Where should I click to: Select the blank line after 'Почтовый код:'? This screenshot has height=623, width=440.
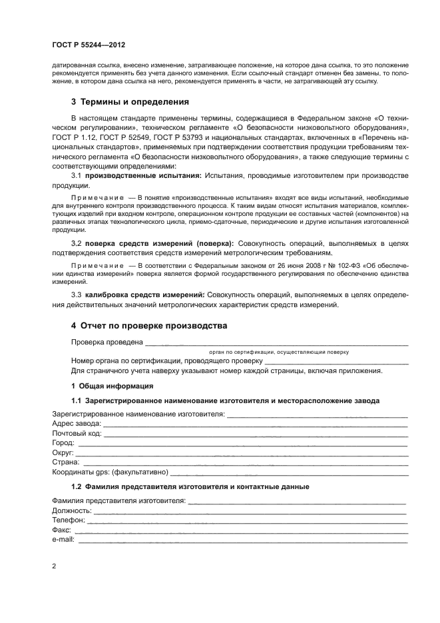click(256, 434)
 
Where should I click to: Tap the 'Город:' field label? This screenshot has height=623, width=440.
click(64, 443)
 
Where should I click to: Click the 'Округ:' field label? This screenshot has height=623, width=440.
click(63, 452)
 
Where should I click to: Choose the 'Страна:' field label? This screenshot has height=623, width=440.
click(65, 462)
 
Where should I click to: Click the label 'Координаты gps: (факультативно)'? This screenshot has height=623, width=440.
click(110, 472)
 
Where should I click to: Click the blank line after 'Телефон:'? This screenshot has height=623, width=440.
click(247, 520)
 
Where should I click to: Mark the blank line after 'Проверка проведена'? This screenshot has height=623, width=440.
click(276, 343)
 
